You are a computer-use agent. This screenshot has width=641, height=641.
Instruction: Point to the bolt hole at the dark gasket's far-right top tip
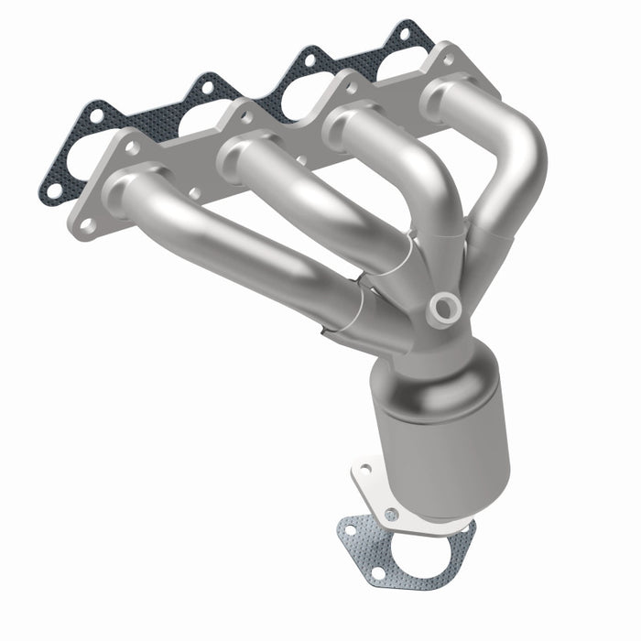coord(404,34)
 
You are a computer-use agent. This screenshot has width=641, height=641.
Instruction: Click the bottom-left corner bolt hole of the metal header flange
coord(88,223)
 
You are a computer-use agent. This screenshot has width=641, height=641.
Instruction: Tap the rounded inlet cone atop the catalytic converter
coord(421,362)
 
